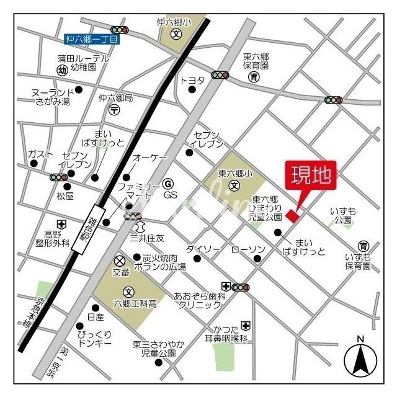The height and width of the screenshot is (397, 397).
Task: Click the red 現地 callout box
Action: coord(310,175)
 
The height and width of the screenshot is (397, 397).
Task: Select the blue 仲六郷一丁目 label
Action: coord(91,39)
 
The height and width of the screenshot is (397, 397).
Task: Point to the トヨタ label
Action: coord(192,80)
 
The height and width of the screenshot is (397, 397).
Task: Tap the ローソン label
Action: coord(248,249)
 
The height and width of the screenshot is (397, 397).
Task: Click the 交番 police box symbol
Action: coord(120,260)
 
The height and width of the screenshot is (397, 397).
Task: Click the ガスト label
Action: coord(39,154)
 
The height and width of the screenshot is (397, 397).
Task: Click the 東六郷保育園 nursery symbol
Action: coord(254,77)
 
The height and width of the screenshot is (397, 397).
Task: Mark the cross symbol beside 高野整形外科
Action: coord(61,224)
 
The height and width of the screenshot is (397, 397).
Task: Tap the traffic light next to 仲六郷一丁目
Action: coord(119,29)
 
